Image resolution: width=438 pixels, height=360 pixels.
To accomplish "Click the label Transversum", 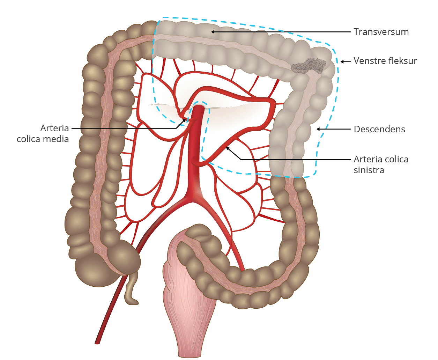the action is click(381, 32).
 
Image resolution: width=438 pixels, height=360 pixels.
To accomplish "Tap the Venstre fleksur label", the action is click(385, 61).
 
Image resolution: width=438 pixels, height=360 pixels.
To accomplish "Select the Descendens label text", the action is click(379, 129).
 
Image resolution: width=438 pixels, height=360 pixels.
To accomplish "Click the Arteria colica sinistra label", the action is click(381, 165).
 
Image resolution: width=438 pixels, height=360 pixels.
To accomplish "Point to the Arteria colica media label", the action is click(43, 134).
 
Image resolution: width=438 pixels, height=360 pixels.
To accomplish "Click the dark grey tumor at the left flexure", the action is click(309, 66).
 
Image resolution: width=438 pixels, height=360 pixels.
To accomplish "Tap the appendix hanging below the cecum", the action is click(131, 289).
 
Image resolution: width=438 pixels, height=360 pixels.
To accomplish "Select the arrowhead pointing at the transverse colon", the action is click(213, 32).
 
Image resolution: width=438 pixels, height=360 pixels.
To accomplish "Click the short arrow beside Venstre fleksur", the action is click(346, 61).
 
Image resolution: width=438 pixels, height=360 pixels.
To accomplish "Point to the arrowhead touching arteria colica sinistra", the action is click(228, 148).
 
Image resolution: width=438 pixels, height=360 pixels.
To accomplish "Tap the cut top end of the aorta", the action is click(199, 108).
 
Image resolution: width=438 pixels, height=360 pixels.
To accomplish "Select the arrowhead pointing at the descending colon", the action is click(318, 129).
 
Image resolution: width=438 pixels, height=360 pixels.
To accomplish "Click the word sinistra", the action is click(369, 170).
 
